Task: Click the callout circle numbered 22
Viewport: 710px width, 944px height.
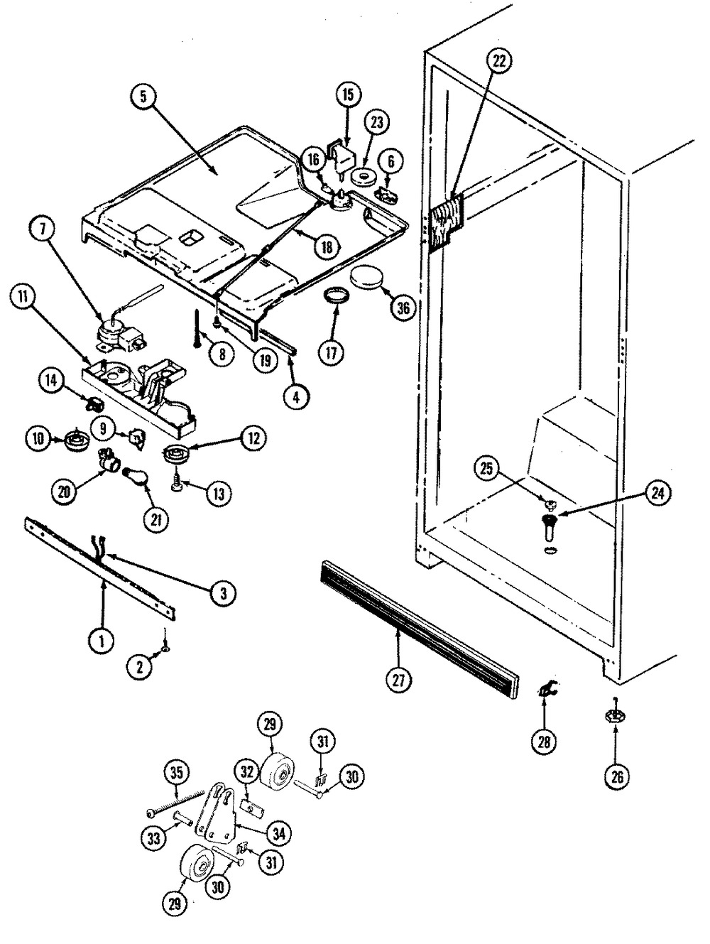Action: click(x=499, y=62)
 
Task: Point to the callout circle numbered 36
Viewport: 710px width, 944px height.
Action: click(x=403, y=308)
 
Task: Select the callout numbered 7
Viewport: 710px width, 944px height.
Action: click(x=42, y=229)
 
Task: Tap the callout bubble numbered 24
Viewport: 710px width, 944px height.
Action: click(x=657, y=494)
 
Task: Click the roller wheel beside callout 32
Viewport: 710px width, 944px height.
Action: click(x=278, y=769)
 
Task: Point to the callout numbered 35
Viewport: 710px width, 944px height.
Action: click(x=177, y=772)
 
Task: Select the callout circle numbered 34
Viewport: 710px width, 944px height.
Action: click(x=279, y=834)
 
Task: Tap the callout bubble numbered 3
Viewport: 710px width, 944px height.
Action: click(x=223, y=594)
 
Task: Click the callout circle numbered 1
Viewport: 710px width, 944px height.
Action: click(x=102, y=641)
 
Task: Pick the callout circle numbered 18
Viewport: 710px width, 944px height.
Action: click(x=327, y=247)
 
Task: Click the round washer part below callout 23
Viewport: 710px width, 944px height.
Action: click(x=364, y=178)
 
